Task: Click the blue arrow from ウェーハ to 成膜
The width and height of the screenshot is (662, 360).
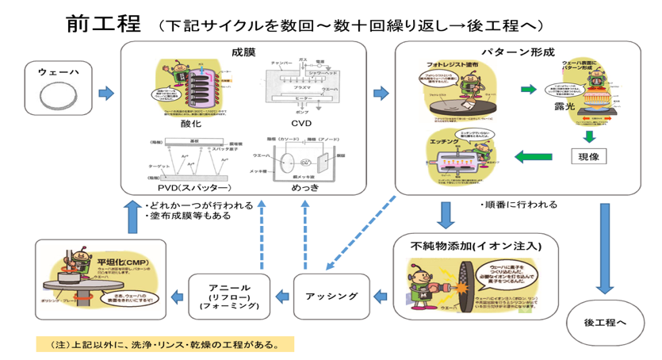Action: (105, 94)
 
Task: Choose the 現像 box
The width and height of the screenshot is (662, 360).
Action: (588, 156)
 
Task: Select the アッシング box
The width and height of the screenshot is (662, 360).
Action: (331, 297)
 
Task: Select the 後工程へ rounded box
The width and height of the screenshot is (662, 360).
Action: (605, 322)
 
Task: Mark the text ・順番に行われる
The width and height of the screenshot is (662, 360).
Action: (519, 204)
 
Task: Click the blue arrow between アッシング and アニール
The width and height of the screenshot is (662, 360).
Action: (281, 297)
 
